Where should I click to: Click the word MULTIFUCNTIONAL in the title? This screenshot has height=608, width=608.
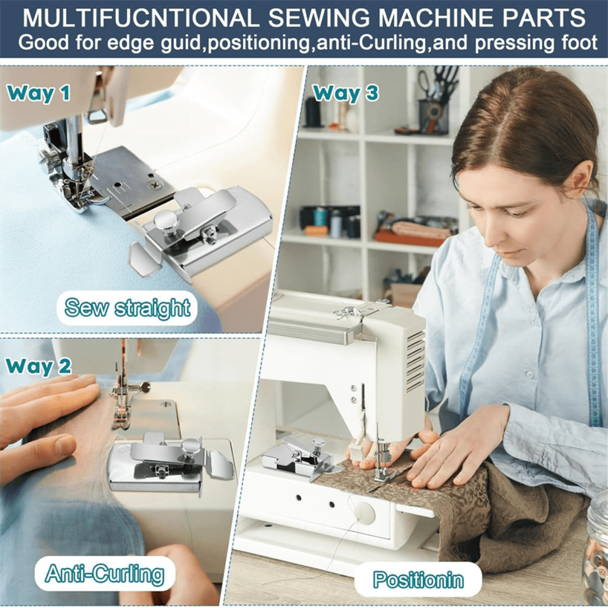pos(141,17)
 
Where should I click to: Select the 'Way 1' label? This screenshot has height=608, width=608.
pos(39,93)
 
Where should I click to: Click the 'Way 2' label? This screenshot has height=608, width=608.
pos(39,366)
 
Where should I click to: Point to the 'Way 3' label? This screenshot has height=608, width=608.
pos(346,93)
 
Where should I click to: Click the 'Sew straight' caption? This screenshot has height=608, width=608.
pos(127,308)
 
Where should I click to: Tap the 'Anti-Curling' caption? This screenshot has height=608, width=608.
pos(104,574)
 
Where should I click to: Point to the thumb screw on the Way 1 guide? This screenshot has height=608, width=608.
pos(162,222)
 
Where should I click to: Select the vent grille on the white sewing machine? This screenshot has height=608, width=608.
pos(415,361)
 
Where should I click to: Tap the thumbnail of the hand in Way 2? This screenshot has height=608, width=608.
pos(65,445)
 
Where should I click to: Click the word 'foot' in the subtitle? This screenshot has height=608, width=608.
pos(578,42)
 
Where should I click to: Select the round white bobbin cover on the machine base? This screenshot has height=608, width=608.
pos(364,512)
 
